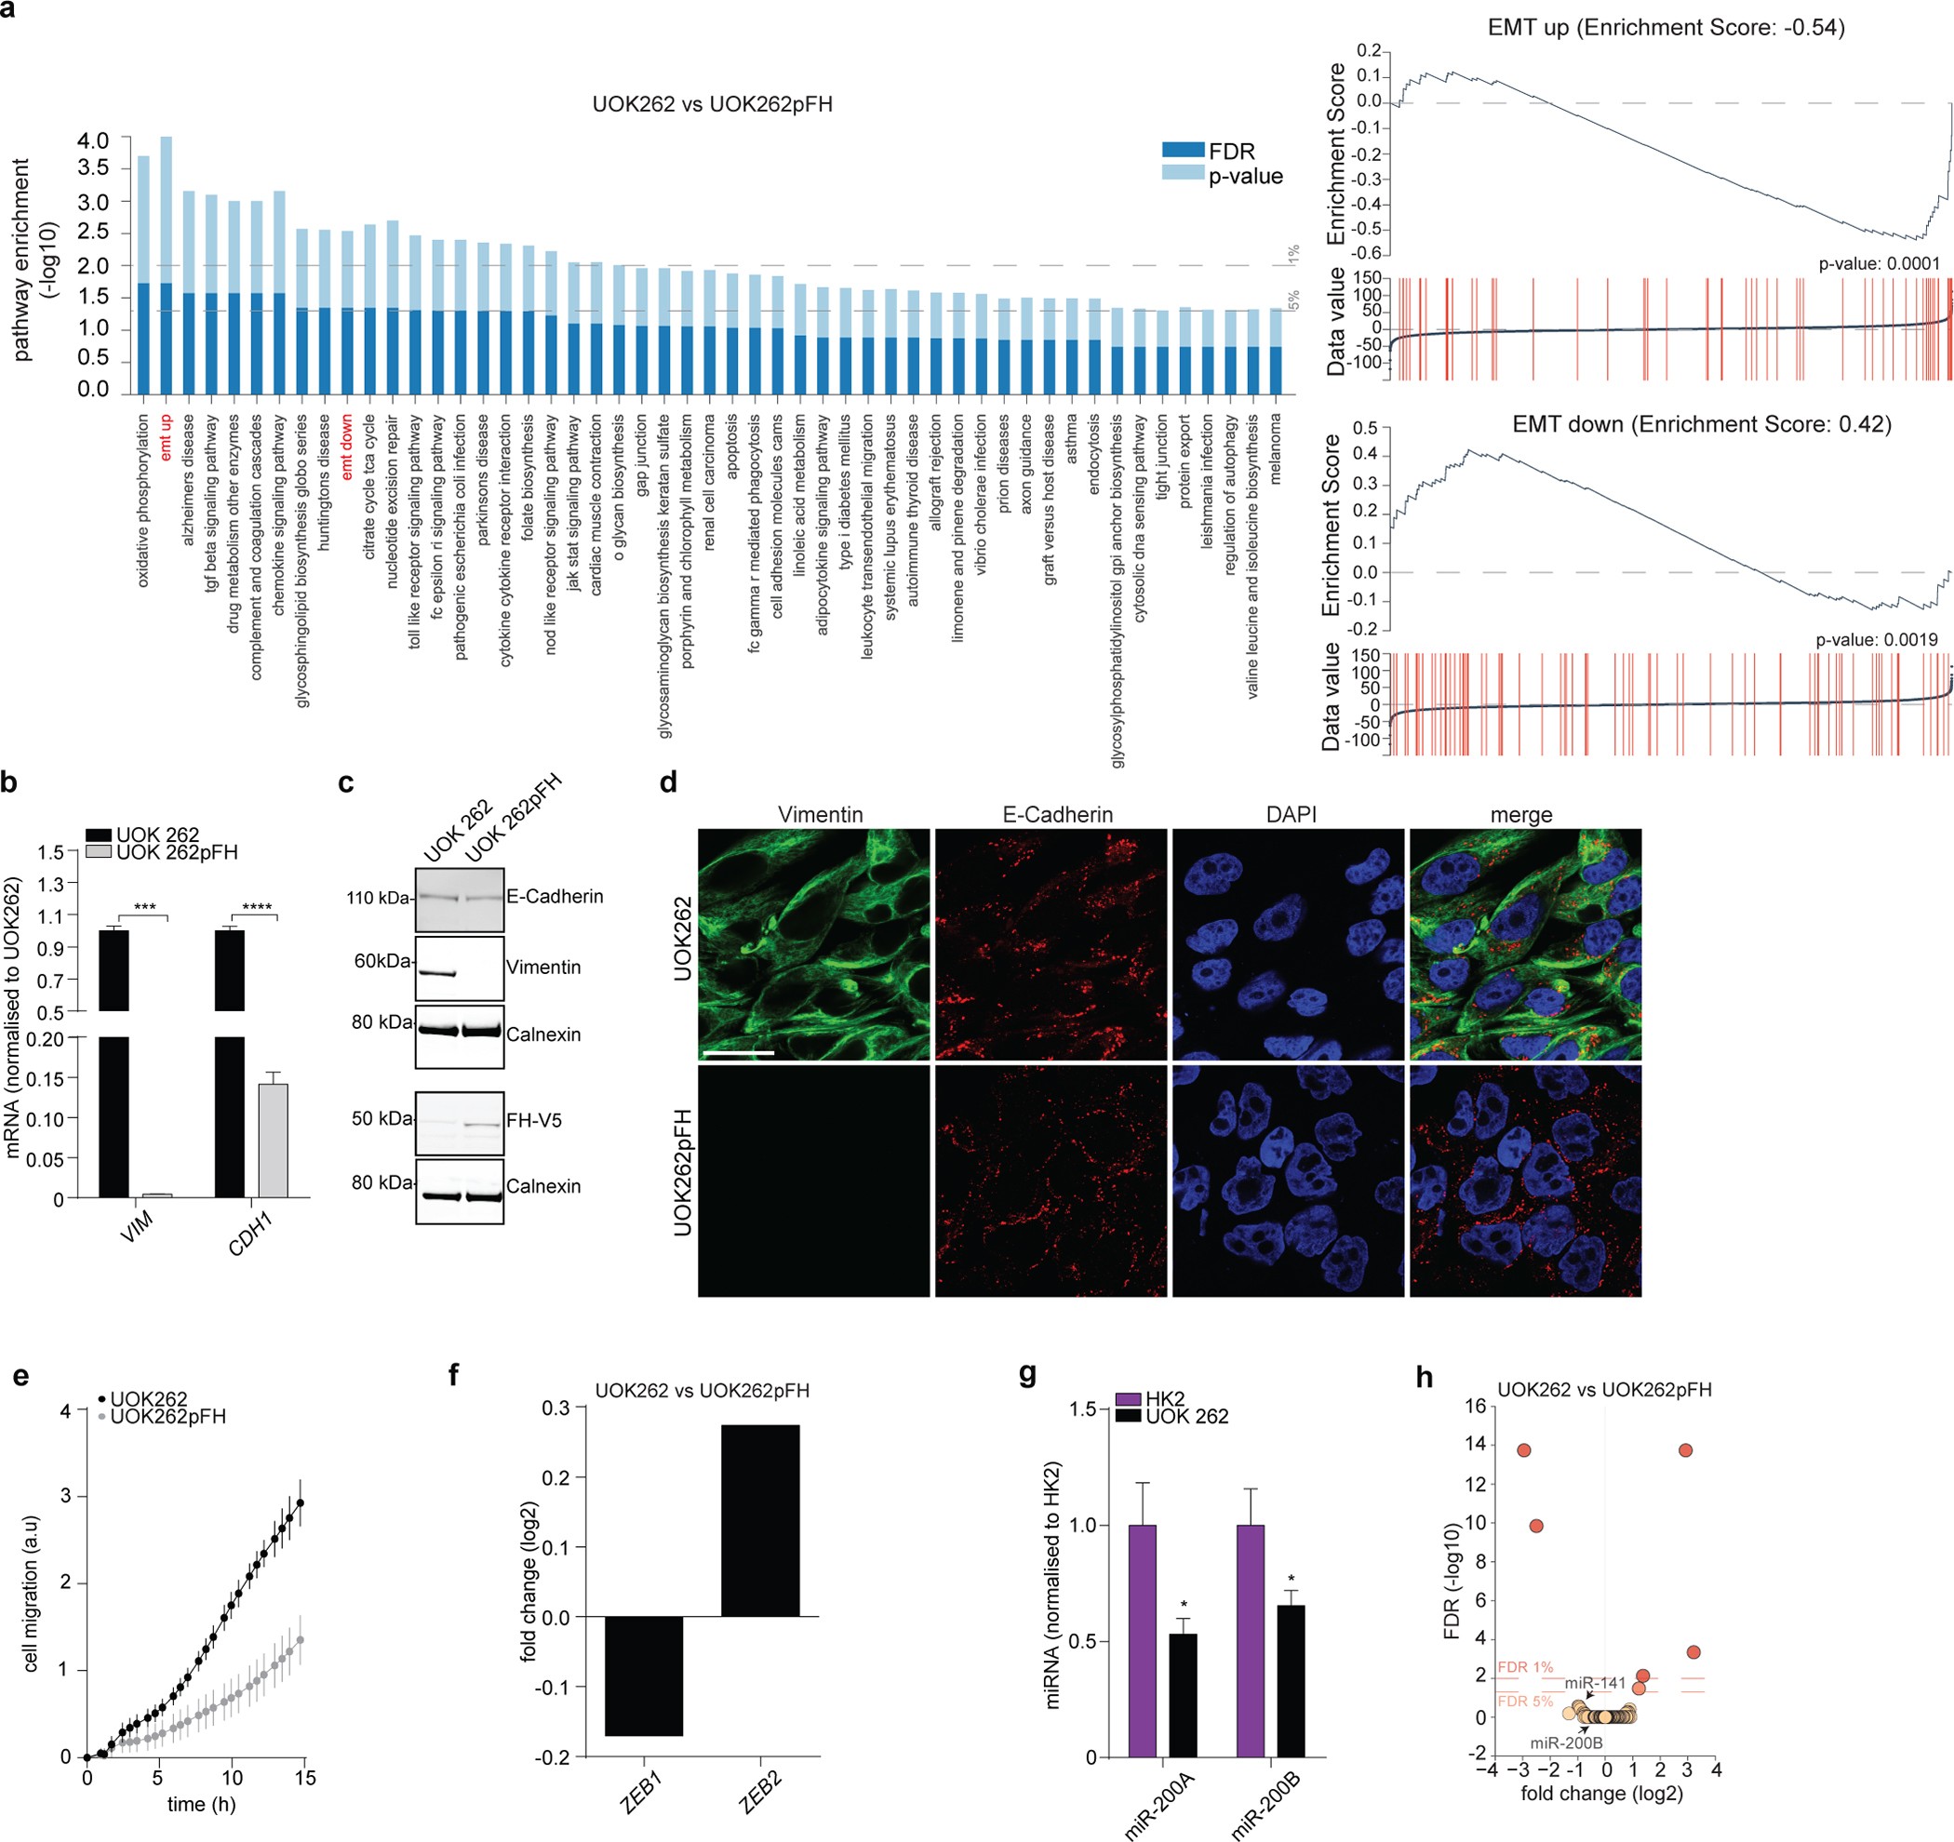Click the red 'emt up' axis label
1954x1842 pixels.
(165, 436)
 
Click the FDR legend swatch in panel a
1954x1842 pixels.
(1183, 151)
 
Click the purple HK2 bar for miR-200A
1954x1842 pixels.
(1142, 1639)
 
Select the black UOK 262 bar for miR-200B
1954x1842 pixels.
(1290, 1681)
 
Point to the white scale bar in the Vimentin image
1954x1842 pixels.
(738, 1053)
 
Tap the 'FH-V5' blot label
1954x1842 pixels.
(534, 1119)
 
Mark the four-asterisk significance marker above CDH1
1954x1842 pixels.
(258, 906)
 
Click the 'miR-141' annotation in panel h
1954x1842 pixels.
(1595, 1682)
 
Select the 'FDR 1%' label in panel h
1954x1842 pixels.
(1524, 1667)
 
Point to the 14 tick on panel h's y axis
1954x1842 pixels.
(1476, 1444)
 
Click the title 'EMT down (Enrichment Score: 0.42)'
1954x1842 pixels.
(1702, 424)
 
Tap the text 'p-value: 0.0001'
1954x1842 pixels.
(1879, 263)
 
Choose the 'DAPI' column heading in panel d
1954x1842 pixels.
(1291, 814)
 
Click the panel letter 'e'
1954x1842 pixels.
(20, 1374)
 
